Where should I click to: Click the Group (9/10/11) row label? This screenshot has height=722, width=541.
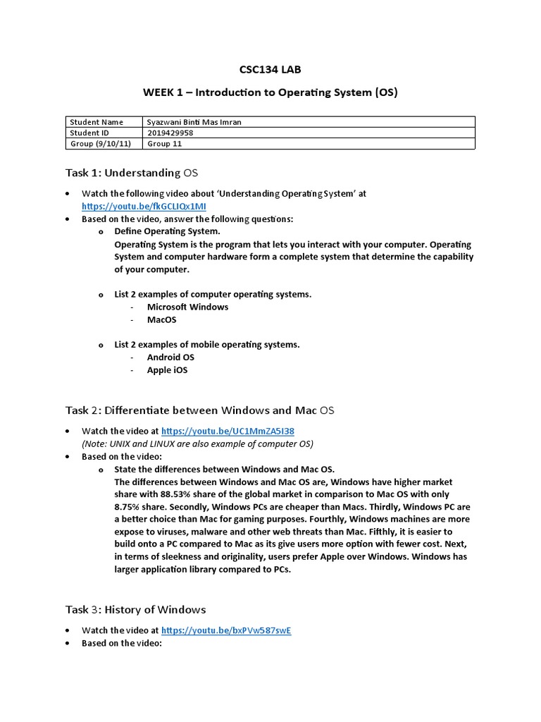[x=99, y=143]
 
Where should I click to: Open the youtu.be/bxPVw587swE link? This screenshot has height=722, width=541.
[x=226, y=630]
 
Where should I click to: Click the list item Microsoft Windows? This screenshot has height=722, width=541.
[x=187, y=307]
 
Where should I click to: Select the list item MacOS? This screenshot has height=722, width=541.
[x=162, y=319]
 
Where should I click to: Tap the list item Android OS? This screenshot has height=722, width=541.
[x=170, y=357]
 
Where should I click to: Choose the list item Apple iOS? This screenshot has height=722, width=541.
[x=167, y=370]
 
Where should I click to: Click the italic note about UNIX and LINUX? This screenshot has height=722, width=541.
[x=197, y=443]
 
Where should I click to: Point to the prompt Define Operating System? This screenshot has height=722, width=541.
[x=167, y=231]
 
